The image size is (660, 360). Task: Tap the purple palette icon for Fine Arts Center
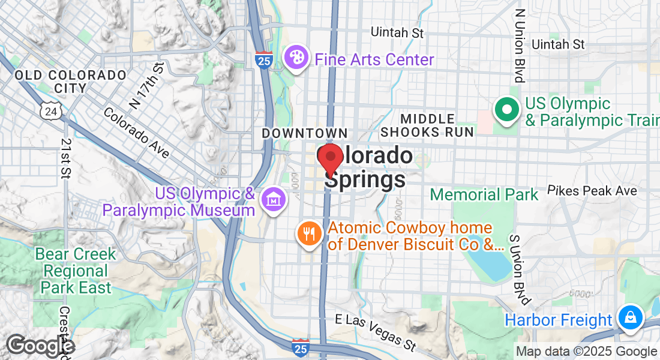pyautogui.click(x=295, y=59)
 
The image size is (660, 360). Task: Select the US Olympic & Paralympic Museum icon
pyautogui.click(x=274, y=197)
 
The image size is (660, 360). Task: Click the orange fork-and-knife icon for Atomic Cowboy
pyautogui.click(x=310, y=233)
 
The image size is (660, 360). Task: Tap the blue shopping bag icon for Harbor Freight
pyautogui.click(x=631, y=317)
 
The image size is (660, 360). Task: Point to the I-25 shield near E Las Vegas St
pyautogui.click(x=301, y=346)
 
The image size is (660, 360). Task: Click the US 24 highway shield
pyautogui.click(x=50, y=110)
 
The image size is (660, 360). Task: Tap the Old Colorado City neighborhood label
pyautogui.click(x=71, y=82)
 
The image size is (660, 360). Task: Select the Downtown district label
pyautogui.click(x=305, y=133)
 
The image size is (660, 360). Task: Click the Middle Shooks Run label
pyautogui.click(x=427, y=125)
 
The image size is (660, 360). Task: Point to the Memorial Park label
pyautogui.click(x=484, y=194)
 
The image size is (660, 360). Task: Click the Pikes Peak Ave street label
pyautogui.click(x=592, y=191)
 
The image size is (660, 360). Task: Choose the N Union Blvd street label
pyautogui.click(x=520, y=45)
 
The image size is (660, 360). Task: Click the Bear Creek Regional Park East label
pyautogui.click(x=76, y=271)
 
